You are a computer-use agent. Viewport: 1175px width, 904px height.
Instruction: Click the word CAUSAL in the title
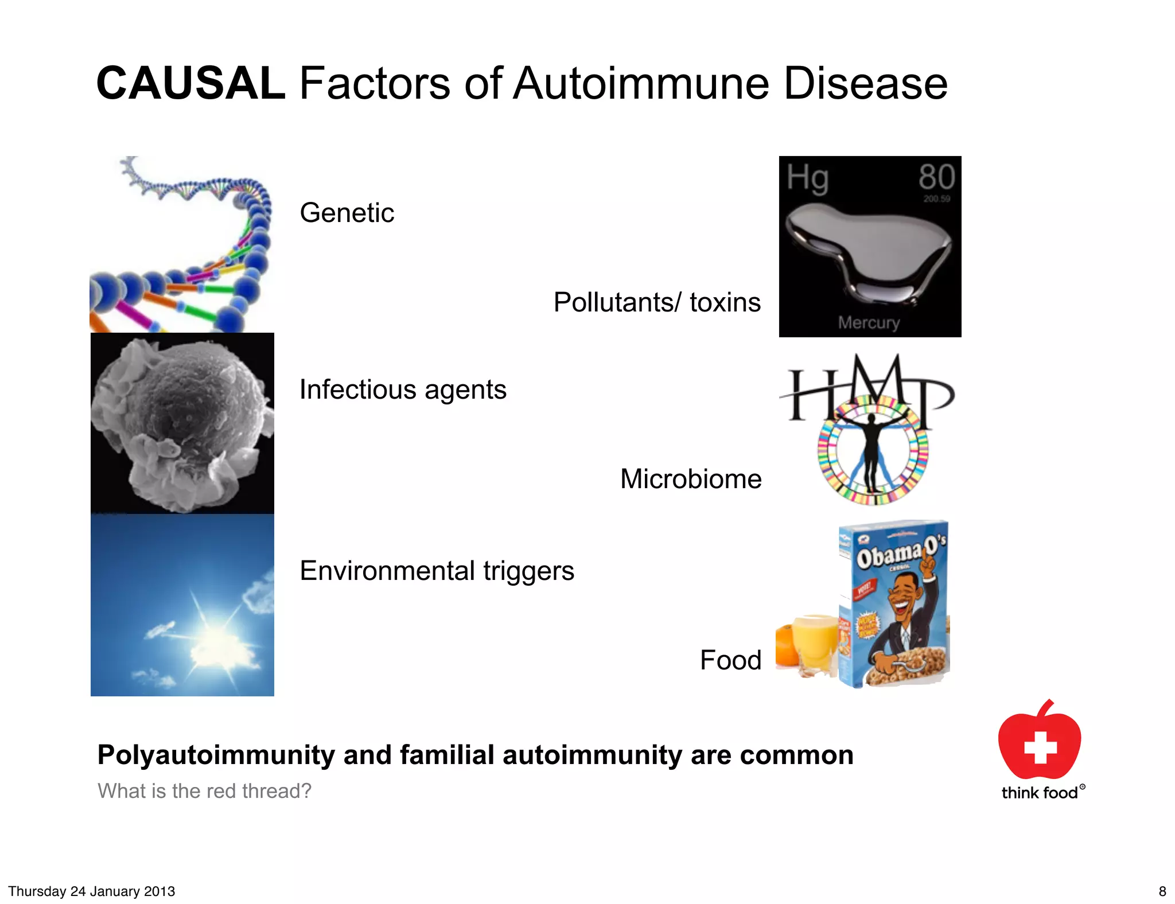(x=190, y=84)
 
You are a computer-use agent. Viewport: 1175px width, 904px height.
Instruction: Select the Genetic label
(x=347, y=213)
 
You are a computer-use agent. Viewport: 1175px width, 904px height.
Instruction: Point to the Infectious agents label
(x=403, y=389)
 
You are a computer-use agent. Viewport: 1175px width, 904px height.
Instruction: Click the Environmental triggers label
(x=437, y=571)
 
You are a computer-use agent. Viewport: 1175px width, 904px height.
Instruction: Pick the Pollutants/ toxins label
(x=657, y=302)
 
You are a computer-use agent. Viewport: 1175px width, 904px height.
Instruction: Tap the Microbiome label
(x=691, y=479)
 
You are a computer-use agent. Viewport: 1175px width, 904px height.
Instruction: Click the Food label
(x=730, y=660)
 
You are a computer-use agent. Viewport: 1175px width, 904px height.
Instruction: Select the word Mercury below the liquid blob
(x=869, y=322)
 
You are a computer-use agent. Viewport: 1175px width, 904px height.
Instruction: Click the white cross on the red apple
(x=1040, y=746)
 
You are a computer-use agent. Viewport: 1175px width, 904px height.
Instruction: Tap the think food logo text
(x=1040, y=793)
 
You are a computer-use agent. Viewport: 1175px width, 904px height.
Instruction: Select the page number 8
(x=1162, y=891)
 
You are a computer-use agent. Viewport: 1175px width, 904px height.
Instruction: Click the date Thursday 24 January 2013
(x=92, y=891)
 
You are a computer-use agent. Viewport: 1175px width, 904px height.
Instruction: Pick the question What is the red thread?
(x=204, y=791)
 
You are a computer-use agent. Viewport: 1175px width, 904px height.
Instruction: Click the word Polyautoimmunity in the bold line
(x=216, y=755)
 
